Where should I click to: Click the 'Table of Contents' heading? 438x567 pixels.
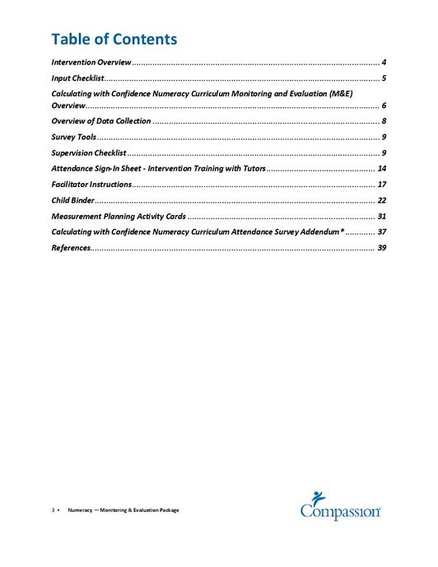[x=114, y=39]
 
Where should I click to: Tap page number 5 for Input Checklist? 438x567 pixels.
[x=384, y=77]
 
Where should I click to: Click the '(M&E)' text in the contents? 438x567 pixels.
[x=340, y=95]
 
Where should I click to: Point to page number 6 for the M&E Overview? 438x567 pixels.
[x=384, y=106]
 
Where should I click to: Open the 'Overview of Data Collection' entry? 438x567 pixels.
[x=100, y=121]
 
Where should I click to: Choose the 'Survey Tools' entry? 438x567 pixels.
[x=73, y=136]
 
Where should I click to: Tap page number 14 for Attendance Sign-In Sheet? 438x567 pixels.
[x=381, y=168]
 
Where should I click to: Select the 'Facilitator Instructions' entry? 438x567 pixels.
[x=91, y=184]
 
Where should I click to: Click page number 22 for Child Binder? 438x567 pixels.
[x=381, y=200]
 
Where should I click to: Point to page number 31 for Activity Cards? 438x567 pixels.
[x=381, y=216]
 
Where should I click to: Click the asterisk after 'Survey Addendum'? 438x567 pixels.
[x=342, y=231]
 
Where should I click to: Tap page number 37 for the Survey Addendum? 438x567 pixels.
[x=381, y=232]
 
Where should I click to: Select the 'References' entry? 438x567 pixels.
[x=70, y=247]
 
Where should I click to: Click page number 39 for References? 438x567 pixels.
[x=381, y=247]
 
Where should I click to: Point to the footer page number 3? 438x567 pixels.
[x=53, y=510]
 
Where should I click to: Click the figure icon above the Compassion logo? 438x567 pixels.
[x=320, y=498]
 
